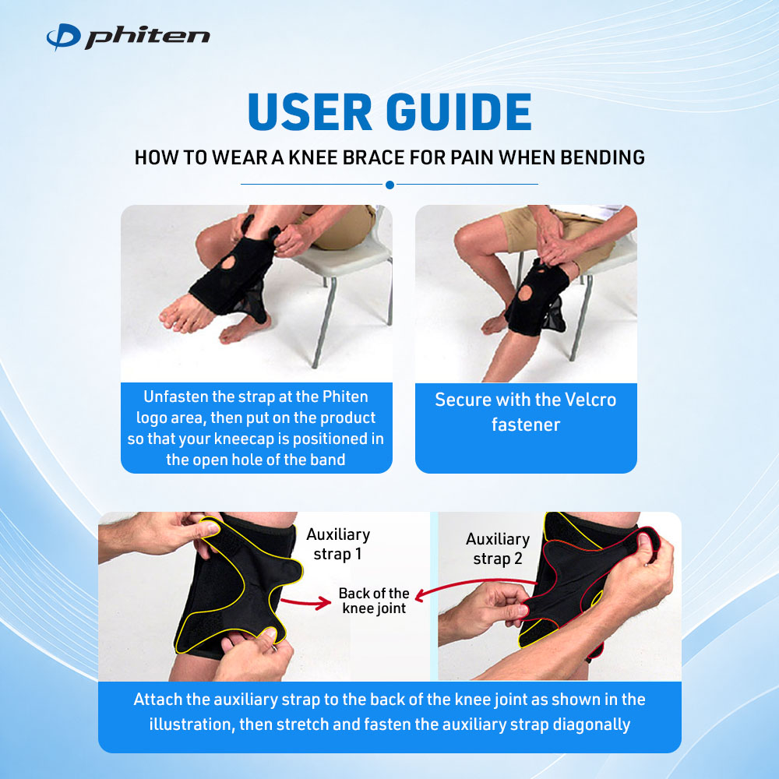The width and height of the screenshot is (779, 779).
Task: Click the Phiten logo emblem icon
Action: (63, 37)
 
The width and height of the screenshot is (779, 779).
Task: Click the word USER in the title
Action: (309, 111)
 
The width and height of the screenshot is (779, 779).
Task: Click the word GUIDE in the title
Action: (459, 111)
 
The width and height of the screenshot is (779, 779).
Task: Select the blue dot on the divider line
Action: (390, 185)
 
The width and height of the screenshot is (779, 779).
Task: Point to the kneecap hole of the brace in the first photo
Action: (228, 263)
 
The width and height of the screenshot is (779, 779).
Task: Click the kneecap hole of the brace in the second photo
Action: (524, 294)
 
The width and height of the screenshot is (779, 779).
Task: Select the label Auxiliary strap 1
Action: (338, 544)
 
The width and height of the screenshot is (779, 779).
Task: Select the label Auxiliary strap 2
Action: (498, 549)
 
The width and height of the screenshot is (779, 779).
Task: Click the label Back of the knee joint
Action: (374, 601)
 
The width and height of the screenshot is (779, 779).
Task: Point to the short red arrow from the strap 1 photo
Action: (306, 603)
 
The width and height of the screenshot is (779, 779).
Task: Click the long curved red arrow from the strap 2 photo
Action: (472, 582)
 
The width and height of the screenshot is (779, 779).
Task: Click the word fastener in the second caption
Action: (526, 425)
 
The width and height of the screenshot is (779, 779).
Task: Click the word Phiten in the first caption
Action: (345, 397)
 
